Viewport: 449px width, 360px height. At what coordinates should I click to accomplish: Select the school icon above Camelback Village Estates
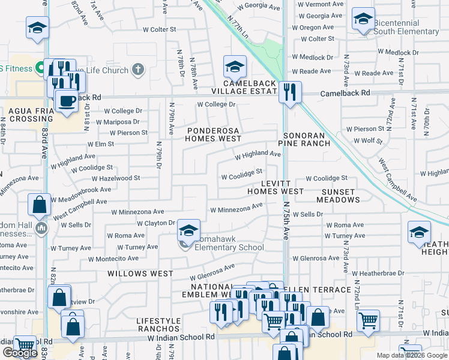pos(235,67)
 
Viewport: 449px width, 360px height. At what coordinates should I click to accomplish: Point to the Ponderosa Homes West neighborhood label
pos(213,134)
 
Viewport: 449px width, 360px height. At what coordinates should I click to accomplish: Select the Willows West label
pos(140,273)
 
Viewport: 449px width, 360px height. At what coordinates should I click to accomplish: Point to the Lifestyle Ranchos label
pos(158,325)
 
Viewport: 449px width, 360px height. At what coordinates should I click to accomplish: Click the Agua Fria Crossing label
pos(31,115)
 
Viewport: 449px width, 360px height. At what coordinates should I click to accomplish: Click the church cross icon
pos(137,70)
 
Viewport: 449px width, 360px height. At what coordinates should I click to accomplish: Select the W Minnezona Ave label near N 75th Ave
pos(237,208)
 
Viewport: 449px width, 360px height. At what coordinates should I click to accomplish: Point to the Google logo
pos(20,353)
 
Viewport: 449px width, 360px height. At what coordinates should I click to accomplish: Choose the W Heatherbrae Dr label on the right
pos(376,273)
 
